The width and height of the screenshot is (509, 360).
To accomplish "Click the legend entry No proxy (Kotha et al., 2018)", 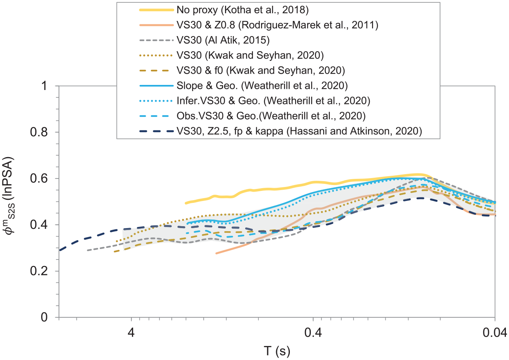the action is pyautogui.click(x=243, y=10).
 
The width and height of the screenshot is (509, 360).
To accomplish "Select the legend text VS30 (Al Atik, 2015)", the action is pyautogui.click(x=223, y=40).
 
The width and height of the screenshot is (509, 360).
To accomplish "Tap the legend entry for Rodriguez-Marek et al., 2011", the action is pyautogui.click(x=277, y=25).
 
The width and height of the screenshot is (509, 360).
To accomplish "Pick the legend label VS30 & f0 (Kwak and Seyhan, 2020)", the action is pyautogui.click(x=261, y=71).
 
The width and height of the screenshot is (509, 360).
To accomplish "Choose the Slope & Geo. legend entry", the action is pyautogui.click(x=262, y=86).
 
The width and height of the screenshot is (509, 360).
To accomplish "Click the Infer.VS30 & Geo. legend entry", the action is pyautogui.click(x=274, y=101).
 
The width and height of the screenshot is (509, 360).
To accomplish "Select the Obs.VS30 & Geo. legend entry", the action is pyautogui.click(x=271, y=116).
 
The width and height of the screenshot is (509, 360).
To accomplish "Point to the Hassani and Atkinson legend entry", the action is pyautogui.click(x=299, y=131).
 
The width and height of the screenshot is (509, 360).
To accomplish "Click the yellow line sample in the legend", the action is pyautogui.click(x=157, y=10).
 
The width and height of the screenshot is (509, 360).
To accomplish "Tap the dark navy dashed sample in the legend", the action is pyautogui.click(x=157, y=131).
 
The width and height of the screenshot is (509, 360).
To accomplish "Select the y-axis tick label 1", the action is pyautogui.click(x=44, y=86).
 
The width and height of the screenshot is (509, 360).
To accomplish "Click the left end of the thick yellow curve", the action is pyautogui.click(x=186, y=203).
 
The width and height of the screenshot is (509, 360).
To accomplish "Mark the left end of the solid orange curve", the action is pyautogui.click(x=216, y=253).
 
